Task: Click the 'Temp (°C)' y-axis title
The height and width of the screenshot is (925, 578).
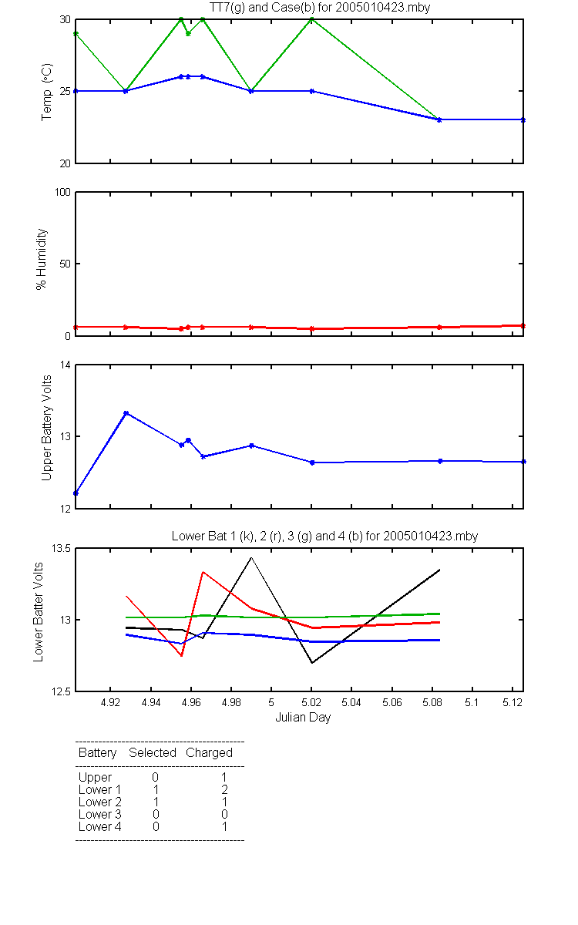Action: click(47, 92)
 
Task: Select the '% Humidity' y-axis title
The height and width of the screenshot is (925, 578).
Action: click(42, 259)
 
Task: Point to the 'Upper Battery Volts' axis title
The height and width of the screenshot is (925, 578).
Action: click(47, 428)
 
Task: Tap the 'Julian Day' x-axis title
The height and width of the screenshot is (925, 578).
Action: click(303, 718)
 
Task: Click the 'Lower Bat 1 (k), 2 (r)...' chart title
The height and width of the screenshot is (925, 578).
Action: click(324, 536)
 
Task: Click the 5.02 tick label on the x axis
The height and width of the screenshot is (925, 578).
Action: click(311, 703)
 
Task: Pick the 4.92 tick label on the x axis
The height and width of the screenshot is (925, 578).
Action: click(110, 703)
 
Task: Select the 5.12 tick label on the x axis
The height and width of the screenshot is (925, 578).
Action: click(512, 703)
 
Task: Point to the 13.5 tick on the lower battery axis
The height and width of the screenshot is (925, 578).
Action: click(61, 548)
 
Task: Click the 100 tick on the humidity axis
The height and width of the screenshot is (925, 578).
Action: click(62, 192)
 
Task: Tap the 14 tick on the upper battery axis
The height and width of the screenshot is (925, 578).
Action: click(66, 365)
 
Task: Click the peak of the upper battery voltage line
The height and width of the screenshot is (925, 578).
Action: click(126, 413)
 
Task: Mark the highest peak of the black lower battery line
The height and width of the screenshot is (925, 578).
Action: click(251, 557)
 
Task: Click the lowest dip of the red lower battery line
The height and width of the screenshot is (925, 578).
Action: click(182, 655)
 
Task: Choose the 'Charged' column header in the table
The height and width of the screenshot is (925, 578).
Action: click(209, 753)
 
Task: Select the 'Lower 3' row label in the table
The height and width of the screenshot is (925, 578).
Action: click(100, 814)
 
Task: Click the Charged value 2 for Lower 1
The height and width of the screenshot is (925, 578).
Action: click(224, 789)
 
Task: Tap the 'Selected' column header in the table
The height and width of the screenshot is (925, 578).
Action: click(153, 752)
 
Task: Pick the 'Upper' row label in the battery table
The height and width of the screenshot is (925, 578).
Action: click(95, 778)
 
